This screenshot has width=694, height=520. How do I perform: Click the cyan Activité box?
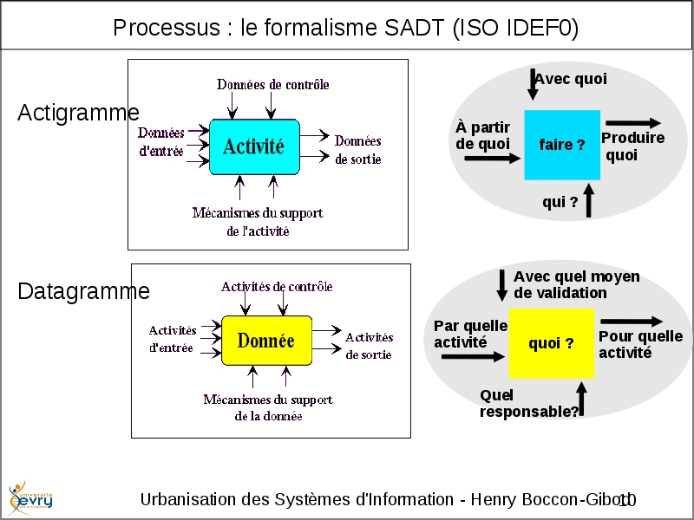pos(254,147)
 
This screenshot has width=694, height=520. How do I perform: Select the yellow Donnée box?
pos(265,341)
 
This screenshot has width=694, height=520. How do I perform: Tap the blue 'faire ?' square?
pos(562,145)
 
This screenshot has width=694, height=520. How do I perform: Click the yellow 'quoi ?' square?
pos(551,343)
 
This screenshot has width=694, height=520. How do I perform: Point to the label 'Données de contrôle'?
pos(273,85)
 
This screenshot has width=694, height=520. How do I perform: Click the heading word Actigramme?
pos(78,113)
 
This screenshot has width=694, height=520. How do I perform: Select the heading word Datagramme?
pos(83,291)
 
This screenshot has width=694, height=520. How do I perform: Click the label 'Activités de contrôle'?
pos(277,287)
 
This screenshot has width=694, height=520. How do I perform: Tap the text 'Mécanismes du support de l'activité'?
pos(258,222)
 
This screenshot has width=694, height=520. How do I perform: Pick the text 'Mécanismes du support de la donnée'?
pos(268,407)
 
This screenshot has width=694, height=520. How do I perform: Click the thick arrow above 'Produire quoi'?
pos(633,123)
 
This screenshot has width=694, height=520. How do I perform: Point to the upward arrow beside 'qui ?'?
pos(589,200)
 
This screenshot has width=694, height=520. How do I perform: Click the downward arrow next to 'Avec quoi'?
pos(533,83)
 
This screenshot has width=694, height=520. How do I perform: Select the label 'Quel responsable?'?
pos(528,404)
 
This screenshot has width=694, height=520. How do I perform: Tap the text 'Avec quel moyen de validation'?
pos(576,284)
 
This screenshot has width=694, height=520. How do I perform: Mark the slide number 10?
pos(627,500)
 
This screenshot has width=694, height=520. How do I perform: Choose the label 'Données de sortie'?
pos(357,150)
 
